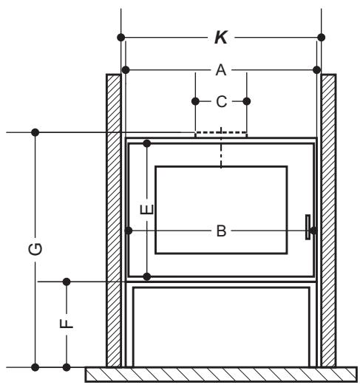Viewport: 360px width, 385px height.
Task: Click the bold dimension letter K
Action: click(221, 38)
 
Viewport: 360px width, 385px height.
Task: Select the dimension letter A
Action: click(221, 70)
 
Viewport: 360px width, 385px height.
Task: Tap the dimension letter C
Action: click(221, 101)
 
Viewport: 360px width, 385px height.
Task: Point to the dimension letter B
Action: click(221, 231)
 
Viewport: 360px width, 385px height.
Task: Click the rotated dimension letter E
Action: click(147, 209)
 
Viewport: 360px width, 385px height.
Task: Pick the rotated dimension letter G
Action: click(35, 249)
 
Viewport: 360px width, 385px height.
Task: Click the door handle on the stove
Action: click(308, 227)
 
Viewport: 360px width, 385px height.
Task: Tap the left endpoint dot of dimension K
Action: click(121, 38)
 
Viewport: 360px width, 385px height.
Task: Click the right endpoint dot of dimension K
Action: click(321, 38)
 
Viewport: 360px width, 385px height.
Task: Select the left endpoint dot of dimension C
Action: click(195, 101)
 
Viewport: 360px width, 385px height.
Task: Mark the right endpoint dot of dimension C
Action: click(247, 101)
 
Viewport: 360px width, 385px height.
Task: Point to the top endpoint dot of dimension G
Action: click(35, 132)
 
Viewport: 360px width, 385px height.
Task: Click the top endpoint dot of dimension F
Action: click(67, 282)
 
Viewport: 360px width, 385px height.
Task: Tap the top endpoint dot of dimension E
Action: click(147, 143)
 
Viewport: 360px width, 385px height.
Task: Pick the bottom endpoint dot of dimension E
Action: click(147, 276)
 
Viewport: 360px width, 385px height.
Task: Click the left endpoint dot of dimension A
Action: click(126, 70)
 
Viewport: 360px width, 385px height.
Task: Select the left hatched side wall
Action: click(114, 220)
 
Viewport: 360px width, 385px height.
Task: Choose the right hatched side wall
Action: click(328, 220)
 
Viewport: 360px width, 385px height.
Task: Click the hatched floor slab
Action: click(221, 375)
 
